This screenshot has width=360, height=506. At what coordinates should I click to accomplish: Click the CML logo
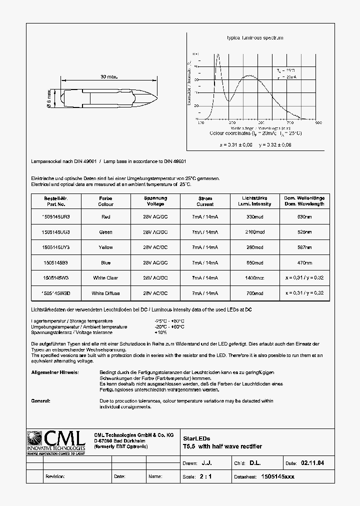[55, 442]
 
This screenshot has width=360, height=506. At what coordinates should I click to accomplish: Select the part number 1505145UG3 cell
[55, 232]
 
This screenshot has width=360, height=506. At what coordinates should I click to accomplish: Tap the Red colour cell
[105, 217]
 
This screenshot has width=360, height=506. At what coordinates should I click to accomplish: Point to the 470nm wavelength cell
[304, 262]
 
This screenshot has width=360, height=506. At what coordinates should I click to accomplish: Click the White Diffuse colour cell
[105, 293]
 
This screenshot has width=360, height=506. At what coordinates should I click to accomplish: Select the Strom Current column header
[205, 201]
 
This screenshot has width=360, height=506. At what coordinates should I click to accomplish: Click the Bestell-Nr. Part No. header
[55, 201]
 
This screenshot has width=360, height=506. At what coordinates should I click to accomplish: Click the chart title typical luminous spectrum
[255, 38]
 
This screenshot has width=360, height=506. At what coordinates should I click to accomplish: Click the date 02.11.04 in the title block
[312, 463]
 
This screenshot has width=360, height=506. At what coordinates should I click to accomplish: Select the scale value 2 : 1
[205, 476]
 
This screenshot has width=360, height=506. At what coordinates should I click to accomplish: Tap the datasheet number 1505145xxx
[278, 476]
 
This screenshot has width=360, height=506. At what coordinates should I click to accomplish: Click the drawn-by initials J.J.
[206, 463]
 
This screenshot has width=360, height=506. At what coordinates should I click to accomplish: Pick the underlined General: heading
[40, 400]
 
